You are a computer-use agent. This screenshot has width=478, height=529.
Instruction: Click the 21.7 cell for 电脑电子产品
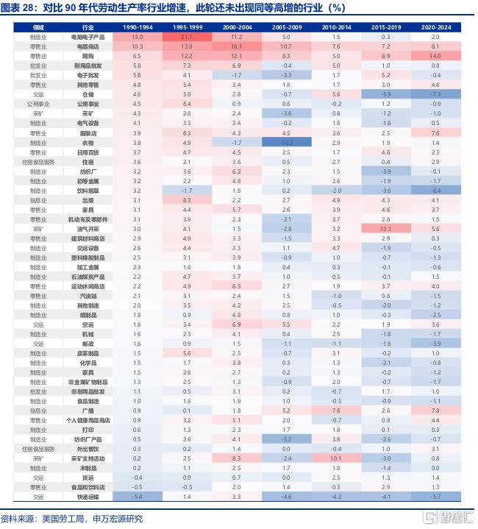pyautogui.click(x=186, y=36)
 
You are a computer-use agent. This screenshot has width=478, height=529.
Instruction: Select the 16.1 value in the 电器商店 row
pyautogui.click(x=235, y=46)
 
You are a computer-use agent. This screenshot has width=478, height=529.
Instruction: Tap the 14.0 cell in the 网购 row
pyautogui.click(x=435, y=55)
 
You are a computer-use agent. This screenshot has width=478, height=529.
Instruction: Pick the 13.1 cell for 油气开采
pyautogui.click(x=385, y=229)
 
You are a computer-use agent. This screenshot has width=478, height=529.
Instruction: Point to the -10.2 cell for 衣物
pyautogui.click(x=285, y=142)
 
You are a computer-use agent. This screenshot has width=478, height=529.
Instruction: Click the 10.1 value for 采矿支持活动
pyautogui.click(x=335, y=458)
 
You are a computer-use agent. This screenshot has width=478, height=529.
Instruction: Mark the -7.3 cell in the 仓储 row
pyautogui.click(x=435, y=94)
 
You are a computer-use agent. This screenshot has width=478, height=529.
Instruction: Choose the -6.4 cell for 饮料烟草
pyautogui.click(x=435, y=190)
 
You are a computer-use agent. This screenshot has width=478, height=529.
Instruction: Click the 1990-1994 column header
pyautogui.click(x=137, y=26)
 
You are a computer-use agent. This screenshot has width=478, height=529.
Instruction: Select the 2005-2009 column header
pyautogui.click(x=285, y=26)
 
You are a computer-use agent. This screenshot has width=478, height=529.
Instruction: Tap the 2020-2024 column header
pyautogui.click(x=435, y=26)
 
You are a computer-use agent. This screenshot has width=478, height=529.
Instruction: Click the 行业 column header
pyautogui.click(x=88, y=26)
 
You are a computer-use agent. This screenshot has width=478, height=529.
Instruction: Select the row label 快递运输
pyautogui.click(x=88, y=497)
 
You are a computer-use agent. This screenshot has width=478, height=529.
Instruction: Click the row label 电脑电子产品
pyautogui.click(x=88, y=36)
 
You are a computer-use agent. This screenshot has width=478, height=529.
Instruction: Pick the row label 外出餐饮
pyautogui.click(x=88, y=448)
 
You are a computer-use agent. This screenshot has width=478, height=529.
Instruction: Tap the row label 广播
pyautogui.click(x=88, y=410)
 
